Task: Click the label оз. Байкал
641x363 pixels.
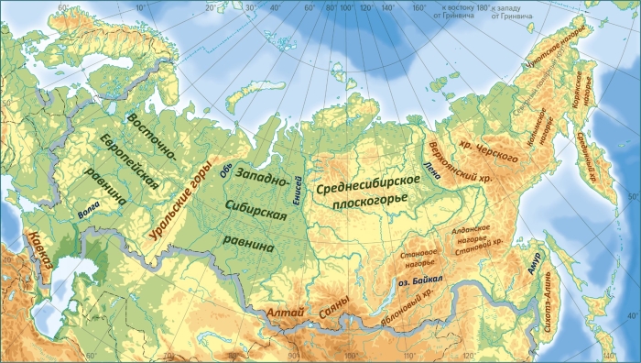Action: tap(421, 281)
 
